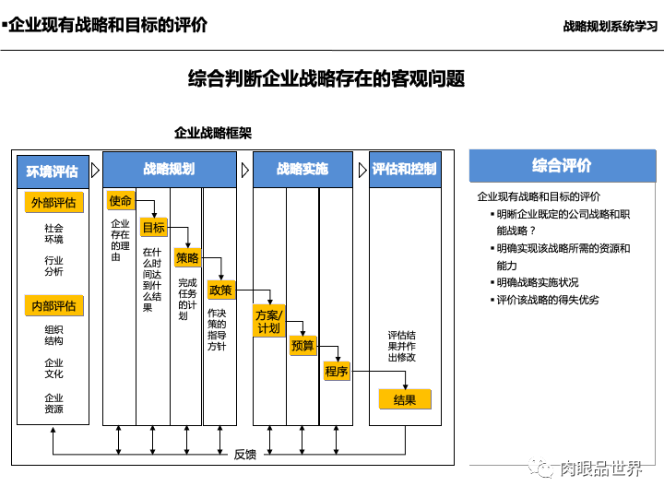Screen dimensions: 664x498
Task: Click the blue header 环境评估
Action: point(53,172)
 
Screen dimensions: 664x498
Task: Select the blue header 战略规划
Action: point(169,170)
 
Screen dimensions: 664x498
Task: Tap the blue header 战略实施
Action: point(302,170)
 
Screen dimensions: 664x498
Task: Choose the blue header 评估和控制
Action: point(405,170)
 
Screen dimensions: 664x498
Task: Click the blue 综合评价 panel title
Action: point(562,166)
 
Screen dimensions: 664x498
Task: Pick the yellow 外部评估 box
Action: point(53,203)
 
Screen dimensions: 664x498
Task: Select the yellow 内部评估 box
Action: point(53,306)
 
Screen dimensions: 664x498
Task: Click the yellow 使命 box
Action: point(121,201)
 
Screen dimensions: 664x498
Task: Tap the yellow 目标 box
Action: point(153,228)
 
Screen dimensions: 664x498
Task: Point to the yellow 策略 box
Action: point(187,259)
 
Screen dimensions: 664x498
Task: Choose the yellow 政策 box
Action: point(221,290)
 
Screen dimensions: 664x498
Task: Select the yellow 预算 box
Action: point(302,346)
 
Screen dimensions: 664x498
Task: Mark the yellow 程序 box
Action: point(337,372)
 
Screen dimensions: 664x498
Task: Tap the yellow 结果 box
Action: point(405,400)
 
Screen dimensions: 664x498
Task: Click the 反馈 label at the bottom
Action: point(244,455)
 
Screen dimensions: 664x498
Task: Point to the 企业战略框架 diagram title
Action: point(213,133)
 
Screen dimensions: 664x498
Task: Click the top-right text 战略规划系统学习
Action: point(611,26)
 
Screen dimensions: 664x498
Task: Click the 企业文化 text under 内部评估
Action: point(53,369)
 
